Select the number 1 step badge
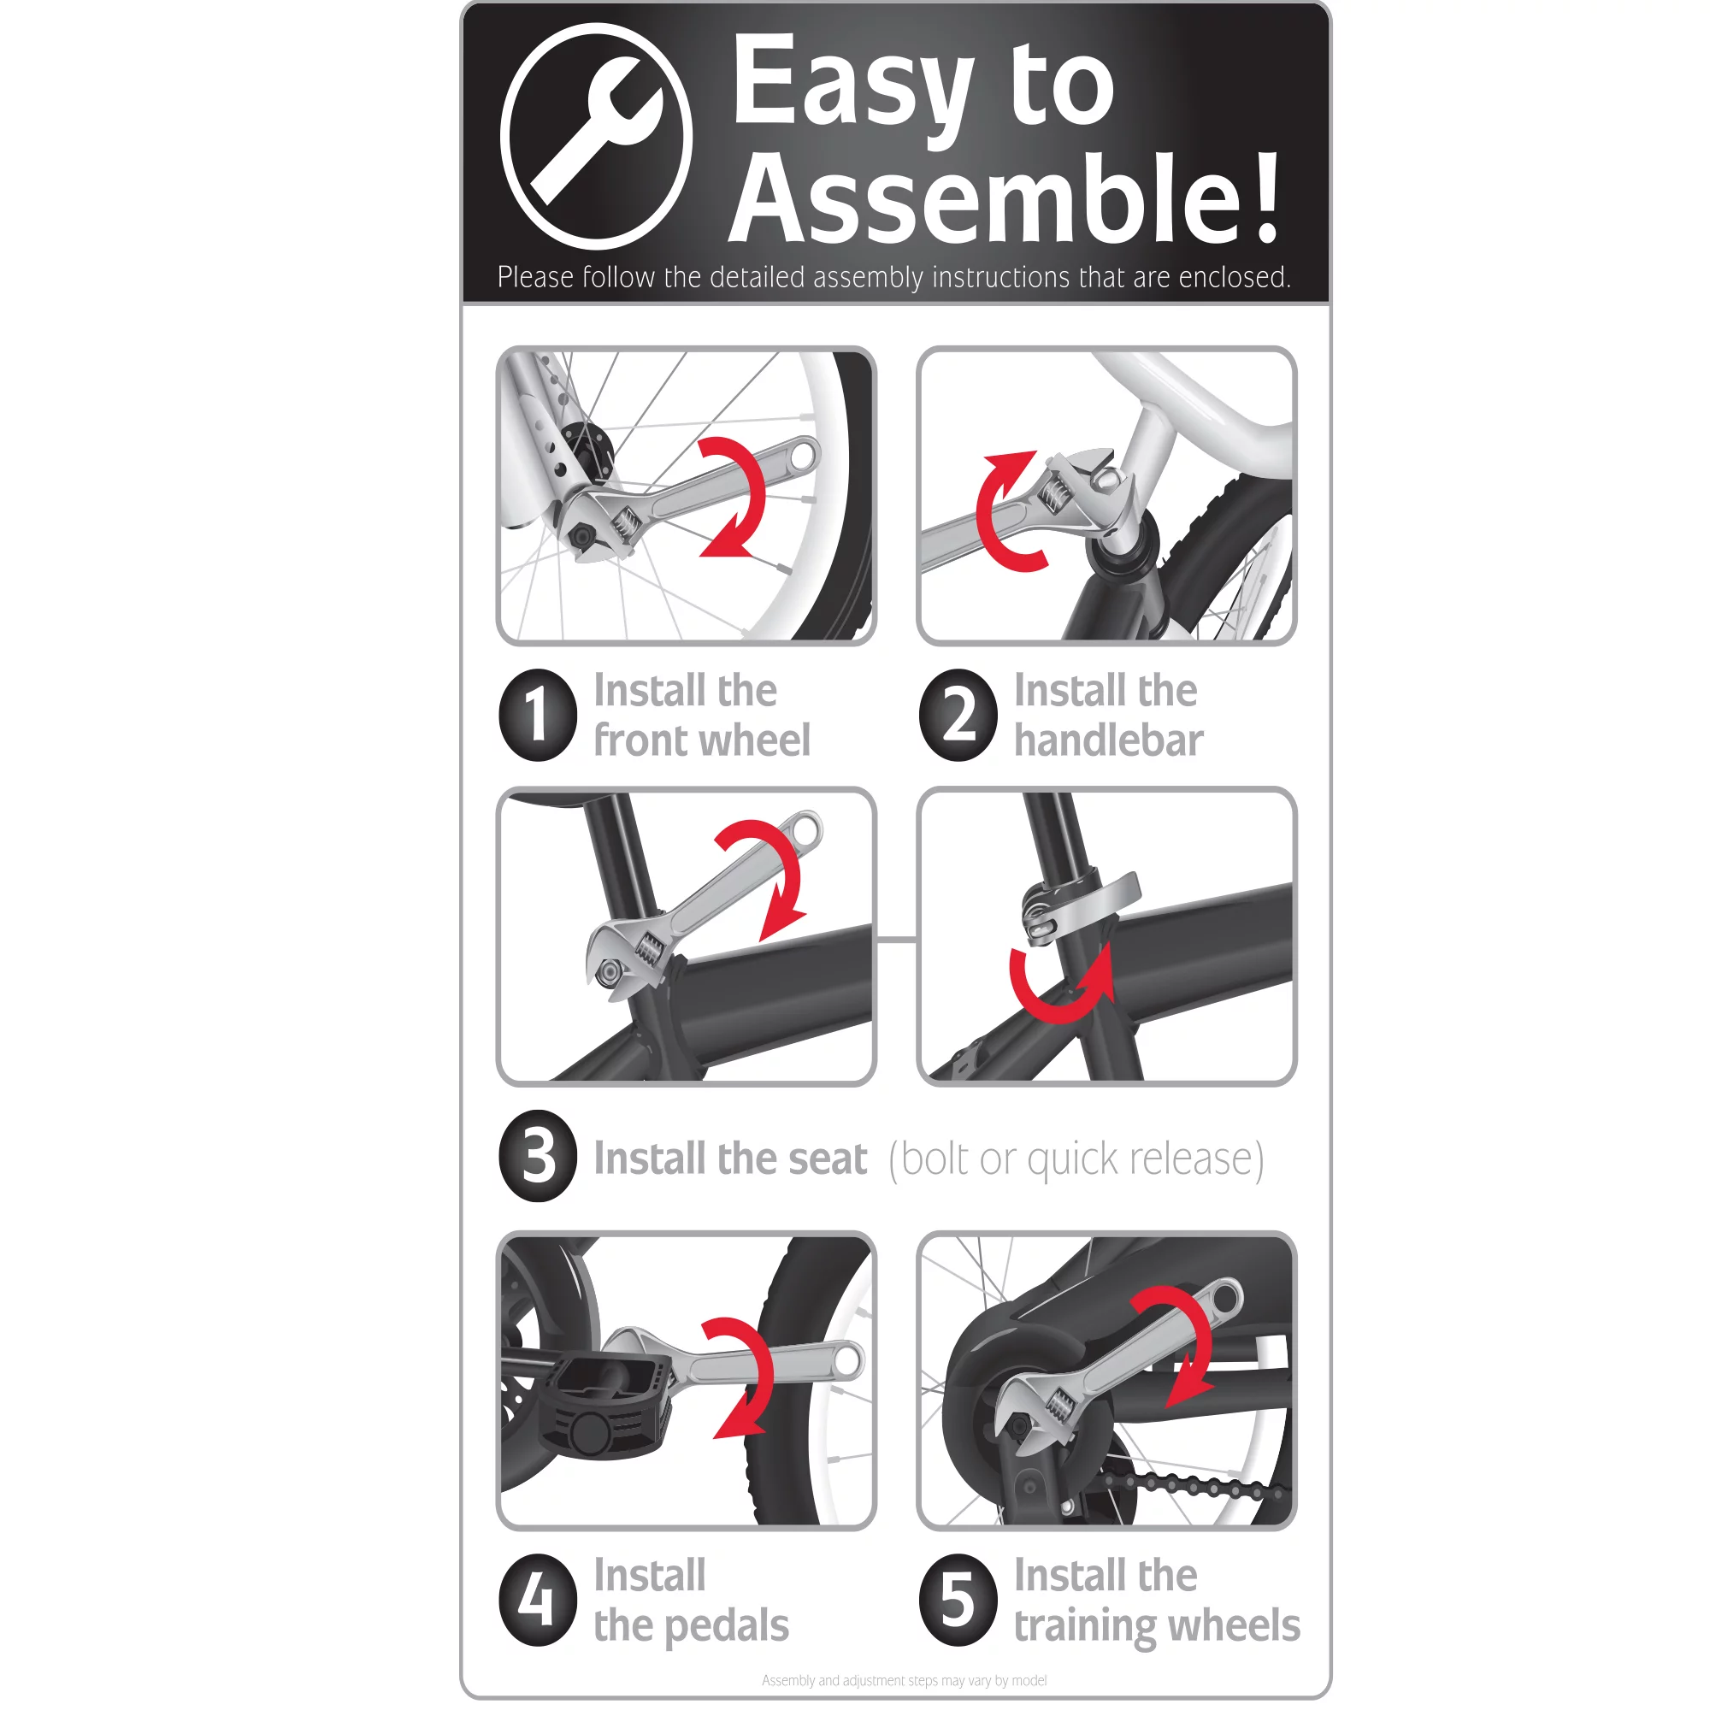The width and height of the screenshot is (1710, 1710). pos(538,715)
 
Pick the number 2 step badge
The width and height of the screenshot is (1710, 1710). pos(958,715)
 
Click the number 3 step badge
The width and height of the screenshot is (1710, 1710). pos(538,1156)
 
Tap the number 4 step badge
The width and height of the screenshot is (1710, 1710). pos(538,1601)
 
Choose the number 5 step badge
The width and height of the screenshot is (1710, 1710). pos(958,1601)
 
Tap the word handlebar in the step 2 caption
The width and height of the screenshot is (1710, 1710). pos(1108,740)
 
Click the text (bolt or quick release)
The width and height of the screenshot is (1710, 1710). pos(1076,1158)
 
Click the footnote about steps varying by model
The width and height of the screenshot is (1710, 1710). pos(904,1681)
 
